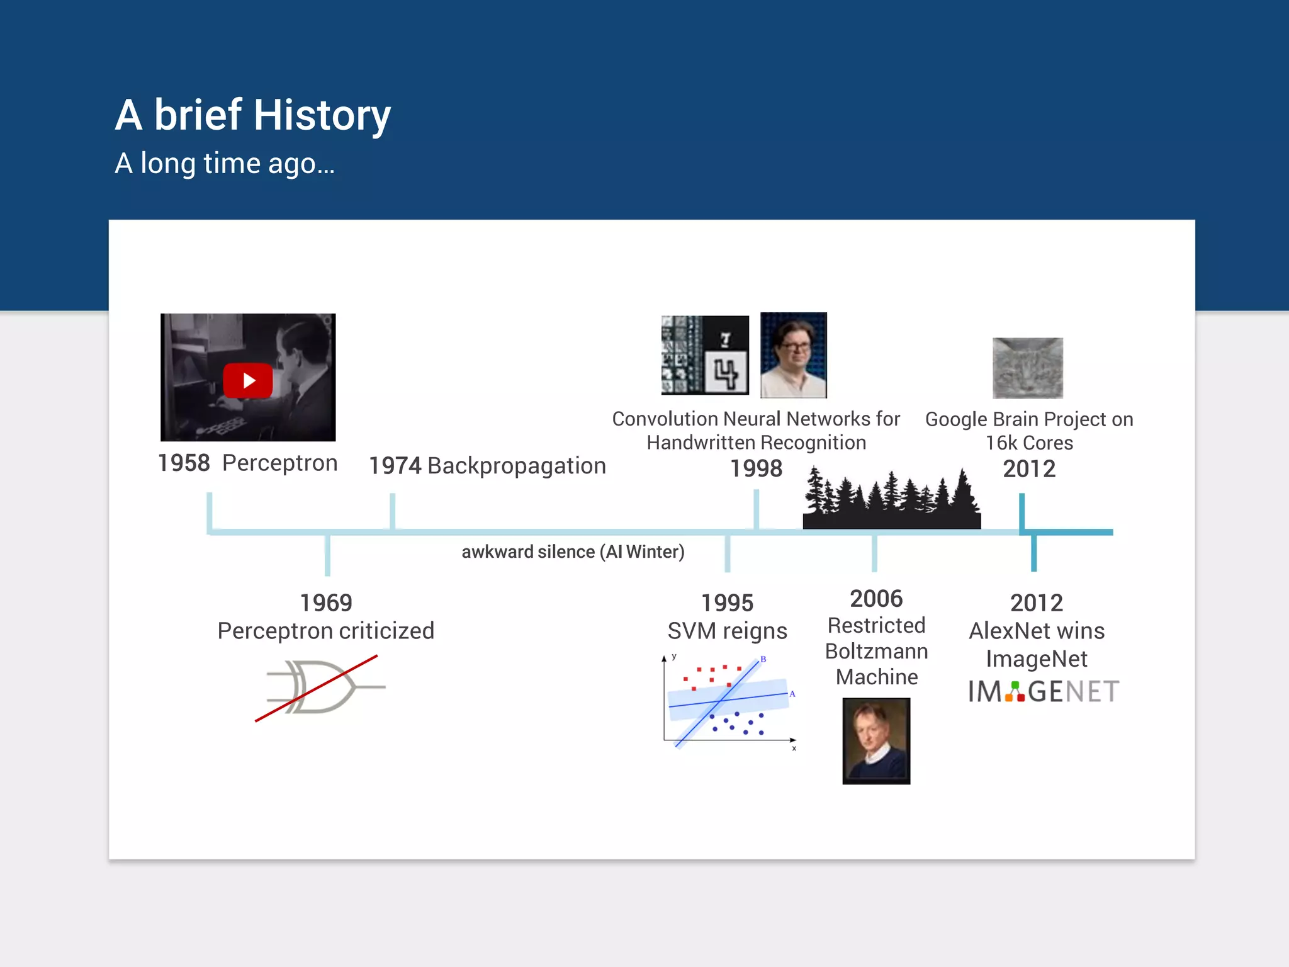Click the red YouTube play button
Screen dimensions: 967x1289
247,381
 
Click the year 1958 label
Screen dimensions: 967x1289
183,463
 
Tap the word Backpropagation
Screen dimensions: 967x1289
517,466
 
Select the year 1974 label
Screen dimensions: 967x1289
395,466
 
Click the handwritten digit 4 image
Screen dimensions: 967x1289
726,373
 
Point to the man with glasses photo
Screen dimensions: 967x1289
793,355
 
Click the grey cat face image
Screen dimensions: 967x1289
1027,368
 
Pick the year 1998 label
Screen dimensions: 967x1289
756,469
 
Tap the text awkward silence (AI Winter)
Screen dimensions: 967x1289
573,552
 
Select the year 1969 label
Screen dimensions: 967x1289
325,603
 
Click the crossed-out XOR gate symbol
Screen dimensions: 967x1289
321,687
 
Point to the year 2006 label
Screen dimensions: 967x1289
876,599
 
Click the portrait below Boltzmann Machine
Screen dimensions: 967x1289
876,741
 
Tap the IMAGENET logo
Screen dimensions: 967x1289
1043,692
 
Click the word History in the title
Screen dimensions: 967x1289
322,115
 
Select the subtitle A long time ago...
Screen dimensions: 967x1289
225,164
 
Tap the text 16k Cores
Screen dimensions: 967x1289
1029,443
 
